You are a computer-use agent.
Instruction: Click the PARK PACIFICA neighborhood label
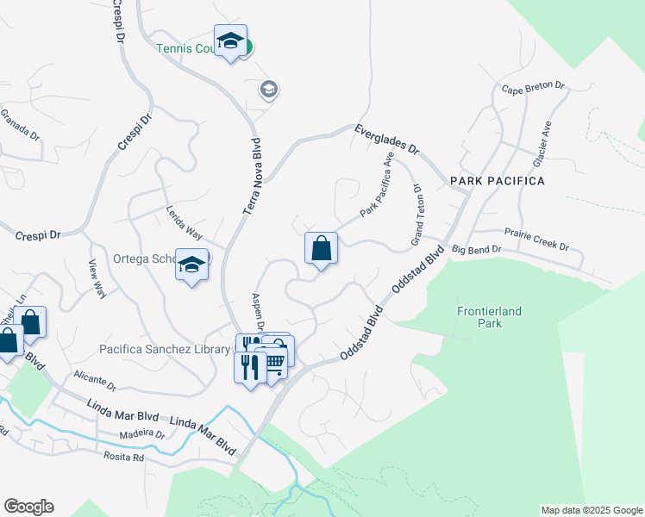(497, 181)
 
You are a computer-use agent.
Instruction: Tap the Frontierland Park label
(489, 317)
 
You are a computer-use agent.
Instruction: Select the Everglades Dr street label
(386, 138)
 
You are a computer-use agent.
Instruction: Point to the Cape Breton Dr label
(533, 87)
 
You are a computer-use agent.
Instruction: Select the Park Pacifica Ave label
(377, 184)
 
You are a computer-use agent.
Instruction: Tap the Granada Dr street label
(19, 124)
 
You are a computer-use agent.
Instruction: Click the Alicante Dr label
(95, 380)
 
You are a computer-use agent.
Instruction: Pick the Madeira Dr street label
(142, 435)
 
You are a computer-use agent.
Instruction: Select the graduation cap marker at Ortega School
(191, 264)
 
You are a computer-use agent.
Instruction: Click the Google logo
(28, 507)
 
